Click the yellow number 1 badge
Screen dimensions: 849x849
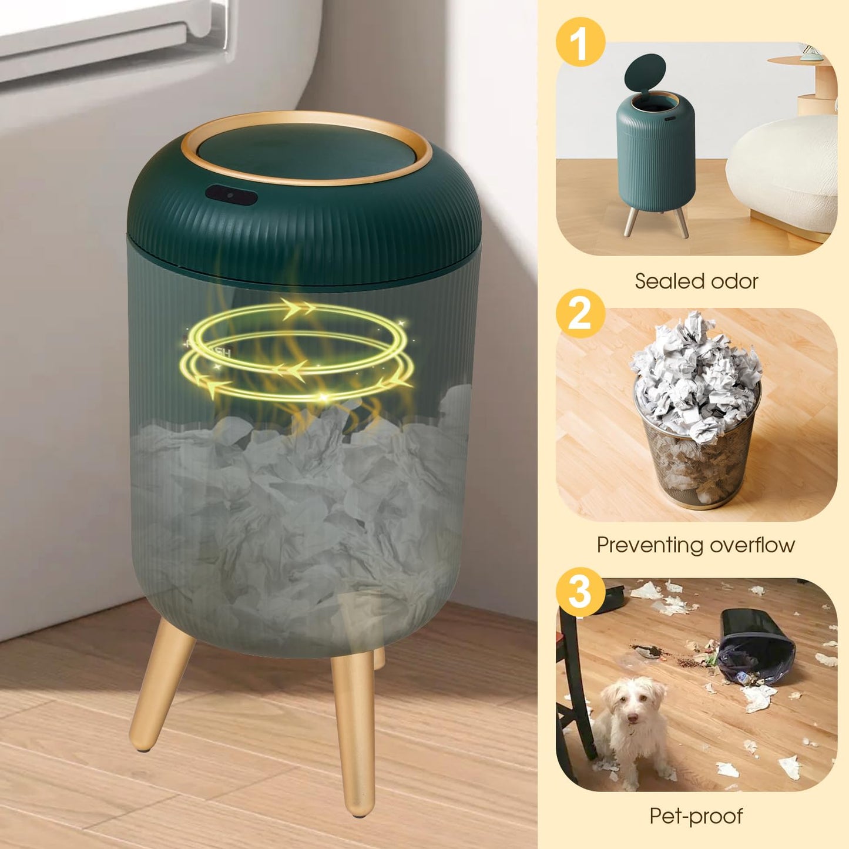580,42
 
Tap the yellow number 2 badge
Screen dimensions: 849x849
580,313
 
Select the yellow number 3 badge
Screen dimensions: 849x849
580,592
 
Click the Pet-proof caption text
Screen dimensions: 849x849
696,816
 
